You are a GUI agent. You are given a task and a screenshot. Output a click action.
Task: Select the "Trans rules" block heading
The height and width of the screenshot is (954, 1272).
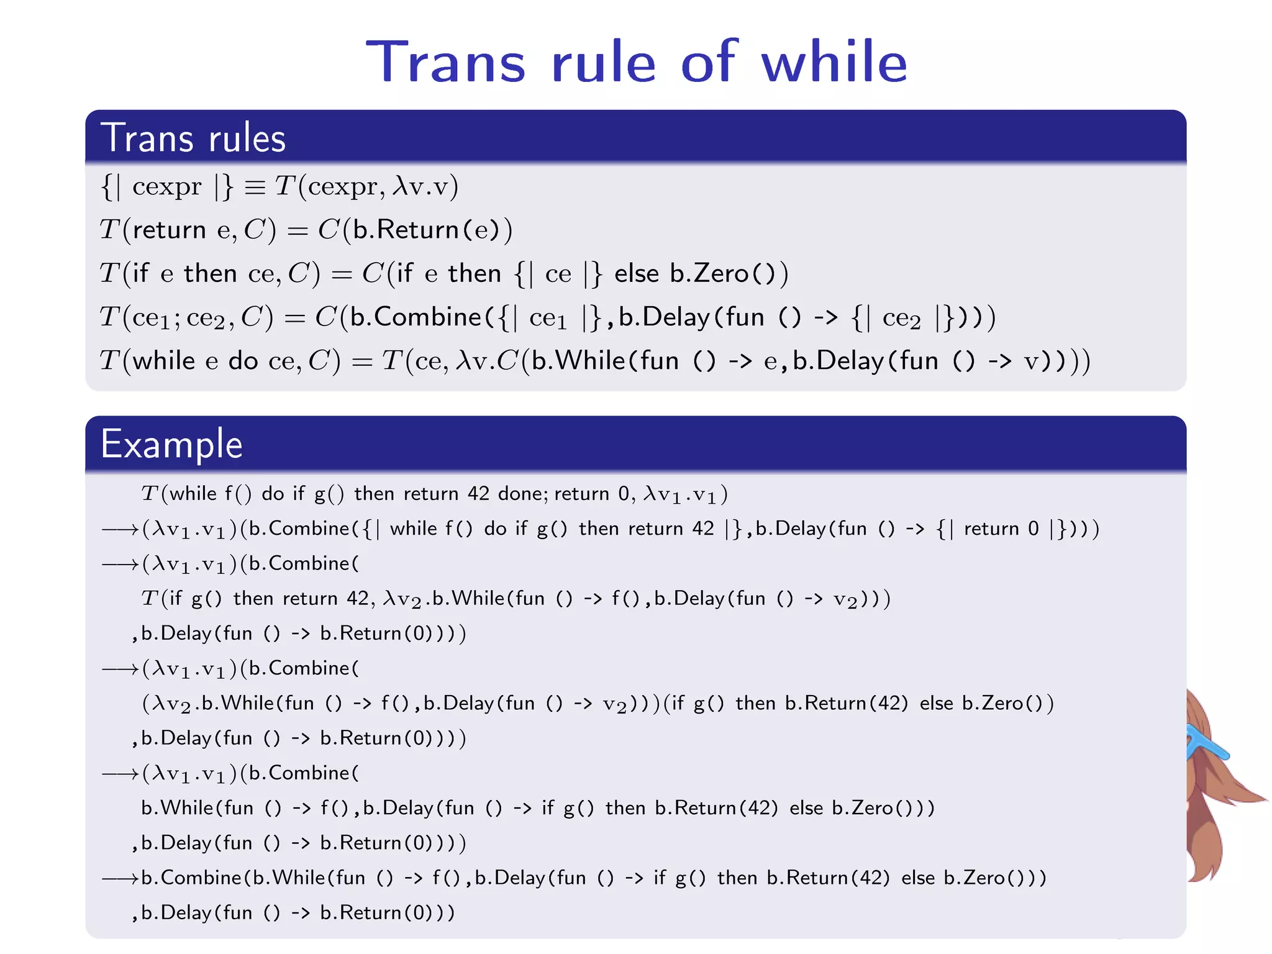(193, 138)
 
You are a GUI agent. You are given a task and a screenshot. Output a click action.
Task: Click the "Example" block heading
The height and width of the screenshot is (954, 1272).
(171, 445)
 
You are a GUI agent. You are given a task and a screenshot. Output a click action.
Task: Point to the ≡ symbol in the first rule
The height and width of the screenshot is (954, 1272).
(255, 187)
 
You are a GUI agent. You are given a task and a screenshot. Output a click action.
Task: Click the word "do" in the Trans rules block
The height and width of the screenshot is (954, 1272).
(243, 361)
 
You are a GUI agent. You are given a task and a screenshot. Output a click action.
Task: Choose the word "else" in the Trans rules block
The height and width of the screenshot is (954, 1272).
(637, 274)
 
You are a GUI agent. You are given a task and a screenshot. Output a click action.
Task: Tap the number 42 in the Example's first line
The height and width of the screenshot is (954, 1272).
(478, 494)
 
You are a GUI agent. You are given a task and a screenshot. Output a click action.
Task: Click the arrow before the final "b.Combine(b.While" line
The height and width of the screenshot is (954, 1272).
(120, 878)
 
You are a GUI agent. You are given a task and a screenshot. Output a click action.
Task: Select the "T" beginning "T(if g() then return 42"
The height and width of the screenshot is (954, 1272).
(149, 599)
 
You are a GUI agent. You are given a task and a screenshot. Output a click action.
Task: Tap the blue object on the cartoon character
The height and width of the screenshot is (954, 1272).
(1207, 745)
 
